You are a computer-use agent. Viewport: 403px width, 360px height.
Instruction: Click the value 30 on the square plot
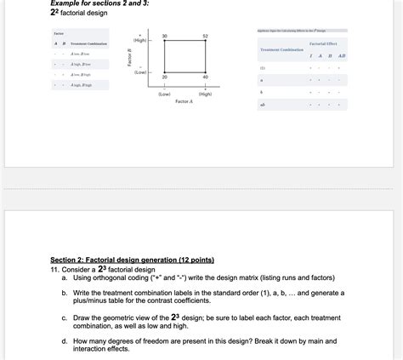164,35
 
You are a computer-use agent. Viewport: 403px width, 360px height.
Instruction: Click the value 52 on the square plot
205,35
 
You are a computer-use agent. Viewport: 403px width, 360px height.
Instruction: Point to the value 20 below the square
164,77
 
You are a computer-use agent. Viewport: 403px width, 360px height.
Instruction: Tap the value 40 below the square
205,77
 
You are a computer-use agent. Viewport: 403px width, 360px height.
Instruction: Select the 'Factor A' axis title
184,101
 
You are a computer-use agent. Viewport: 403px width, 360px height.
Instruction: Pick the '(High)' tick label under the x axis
205,94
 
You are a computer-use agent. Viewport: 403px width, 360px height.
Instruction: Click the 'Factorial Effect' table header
322,43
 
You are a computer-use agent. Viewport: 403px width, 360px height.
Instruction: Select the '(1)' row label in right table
262,68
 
